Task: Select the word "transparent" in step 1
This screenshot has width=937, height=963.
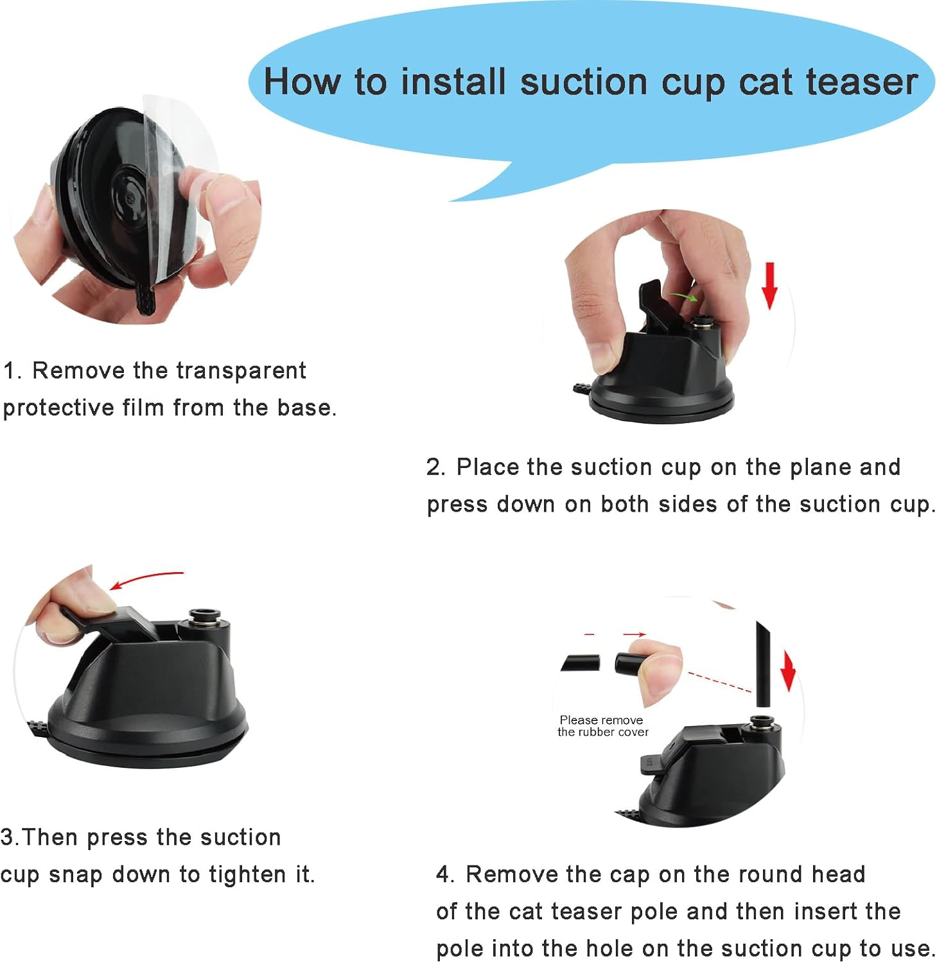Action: [241, 370]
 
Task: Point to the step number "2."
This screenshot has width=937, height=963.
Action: [436, 467]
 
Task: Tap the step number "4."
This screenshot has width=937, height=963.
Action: [445, 874]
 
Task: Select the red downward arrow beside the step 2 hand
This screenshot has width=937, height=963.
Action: [769, 286]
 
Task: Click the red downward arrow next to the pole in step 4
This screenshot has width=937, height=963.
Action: [788, 671]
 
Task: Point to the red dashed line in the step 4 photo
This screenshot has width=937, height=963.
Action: [719, 682]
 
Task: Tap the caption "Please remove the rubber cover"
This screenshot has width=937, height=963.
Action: [602, 726]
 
